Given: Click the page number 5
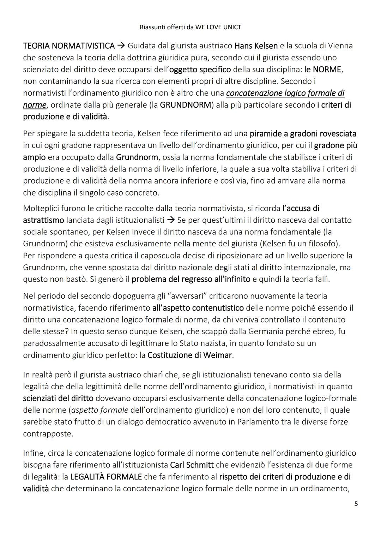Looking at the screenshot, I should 356,503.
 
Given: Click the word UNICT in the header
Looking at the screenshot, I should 232,27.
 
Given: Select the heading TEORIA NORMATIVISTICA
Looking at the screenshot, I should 69,46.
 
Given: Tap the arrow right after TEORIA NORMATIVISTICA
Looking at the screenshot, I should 121,46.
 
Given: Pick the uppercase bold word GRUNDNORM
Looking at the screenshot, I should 185,105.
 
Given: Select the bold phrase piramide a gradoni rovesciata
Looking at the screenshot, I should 303,134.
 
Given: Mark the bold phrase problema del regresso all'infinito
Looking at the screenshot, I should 191,279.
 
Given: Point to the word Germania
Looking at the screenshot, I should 265,331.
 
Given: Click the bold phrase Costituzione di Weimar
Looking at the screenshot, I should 190,355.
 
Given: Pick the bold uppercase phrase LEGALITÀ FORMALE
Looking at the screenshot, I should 106,477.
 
